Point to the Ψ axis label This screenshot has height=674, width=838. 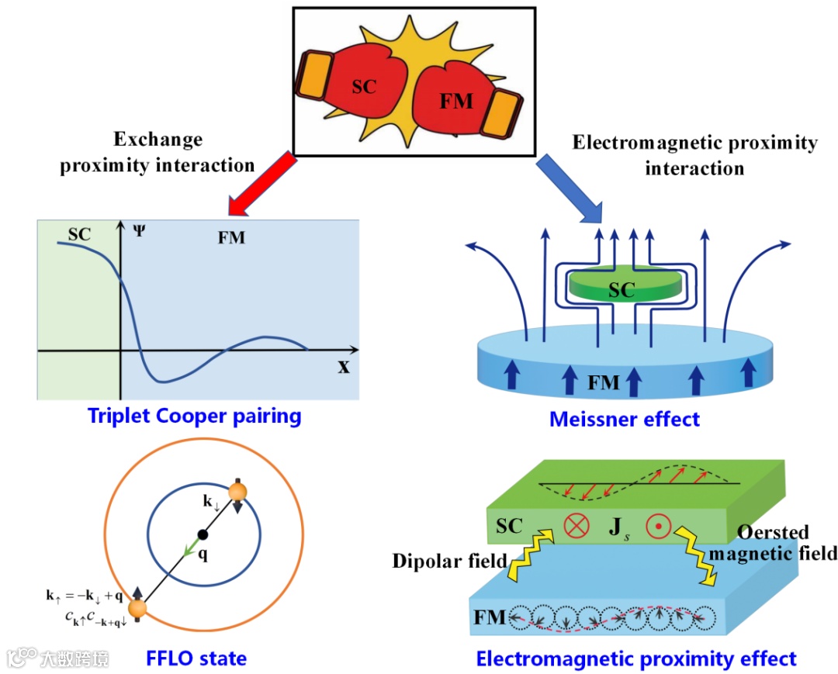point(137,230)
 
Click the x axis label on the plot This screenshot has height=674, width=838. point(343,366)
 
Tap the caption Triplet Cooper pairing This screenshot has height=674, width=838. point(194,416)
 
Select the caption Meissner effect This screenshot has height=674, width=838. point(625,420)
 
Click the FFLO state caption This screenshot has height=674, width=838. point(196,659)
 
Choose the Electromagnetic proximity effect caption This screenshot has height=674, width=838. point(636,659)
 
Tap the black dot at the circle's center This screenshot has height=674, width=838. point(203,534)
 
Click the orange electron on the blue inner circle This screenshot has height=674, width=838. point(237,492)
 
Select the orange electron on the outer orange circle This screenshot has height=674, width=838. point(137,610)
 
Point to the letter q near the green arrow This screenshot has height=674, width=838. point(203,555)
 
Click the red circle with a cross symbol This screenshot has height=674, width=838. point(576,526)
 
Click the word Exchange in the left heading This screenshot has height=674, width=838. point(158,140)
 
